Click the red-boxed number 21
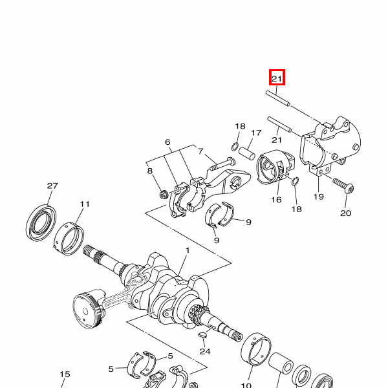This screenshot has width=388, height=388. click(x=277, y=79)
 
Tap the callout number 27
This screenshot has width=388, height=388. click(x=52, y=186)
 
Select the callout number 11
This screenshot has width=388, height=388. click(x=84, y=204)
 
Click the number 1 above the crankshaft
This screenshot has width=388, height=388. click(x=188, y=250)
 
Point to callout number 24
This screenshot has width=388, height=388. click(x=205, y=351)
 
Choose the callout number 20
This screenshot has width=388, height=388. click(x=345, y=213)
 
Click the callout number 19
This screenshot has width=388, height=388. click(x=318, y=197)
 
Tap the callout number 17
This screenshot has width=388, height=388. click(x=256, y=133)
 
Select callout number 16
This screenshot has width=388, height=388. click(x=276, y=199)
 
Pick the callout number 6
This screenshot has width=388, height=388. click(x=167, y=142)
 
